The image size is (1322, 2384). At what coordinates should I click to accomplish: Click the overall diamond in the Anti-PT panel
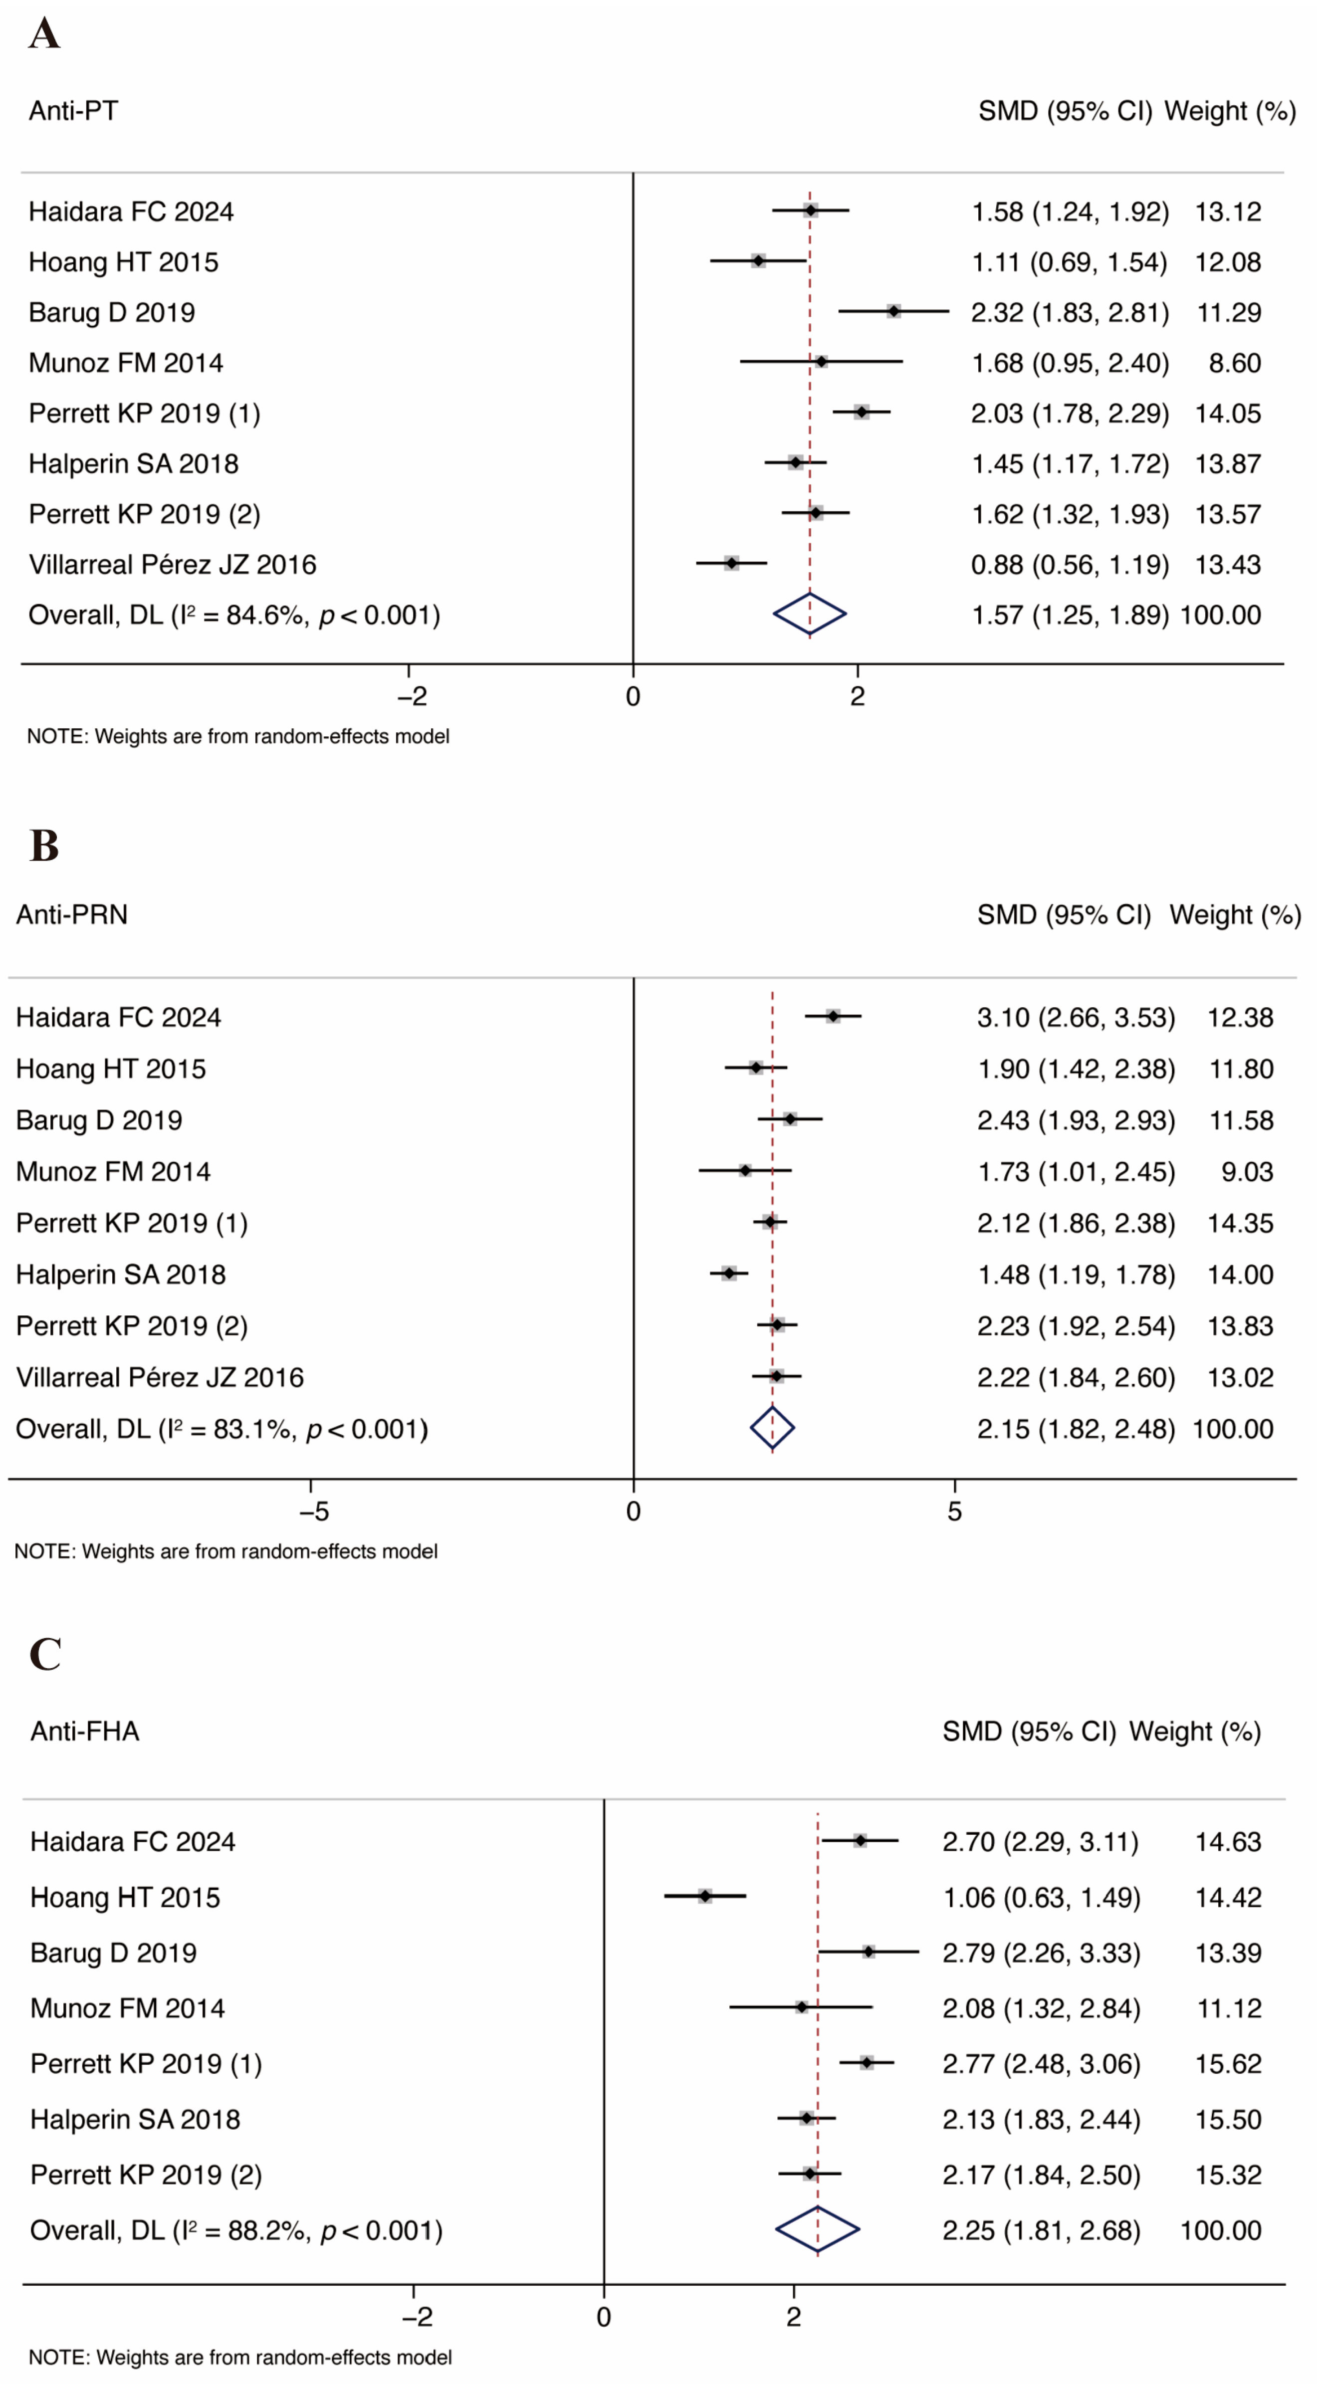pos(809,614)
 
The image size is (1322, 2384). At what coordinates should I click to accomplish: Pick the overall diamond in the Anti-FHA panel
pos(818,2229)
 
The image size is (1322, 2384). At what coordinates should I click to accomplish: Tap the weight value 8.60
pos(1234,362)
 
